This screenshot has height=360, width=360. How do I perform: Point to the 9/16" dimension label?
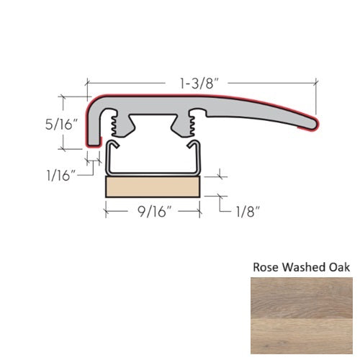(153, 213)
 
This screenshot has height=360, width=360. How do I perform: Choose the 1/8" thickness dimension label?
(246, 211)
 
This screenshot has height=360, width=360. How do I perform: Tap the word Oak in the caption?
(338, 267)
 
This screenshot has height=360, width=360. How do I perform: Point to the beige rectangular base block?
(153, 189)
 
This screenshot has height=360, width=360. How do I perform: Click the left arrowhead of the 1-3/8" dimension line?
(90, 81)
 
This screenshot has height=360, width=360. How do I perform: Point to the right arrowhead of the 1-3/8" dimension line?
(315, 81)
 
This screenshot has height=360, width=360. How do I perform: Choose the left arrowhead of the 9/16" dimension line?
(108, 212)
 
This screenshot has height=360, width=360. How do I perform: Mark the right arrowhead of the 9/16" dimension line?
(197, 212)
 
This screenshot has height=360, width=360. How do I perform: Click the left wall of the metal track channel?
(108, 158)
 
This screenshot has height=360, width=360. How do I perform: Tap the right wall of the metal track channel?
(199, 158)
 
